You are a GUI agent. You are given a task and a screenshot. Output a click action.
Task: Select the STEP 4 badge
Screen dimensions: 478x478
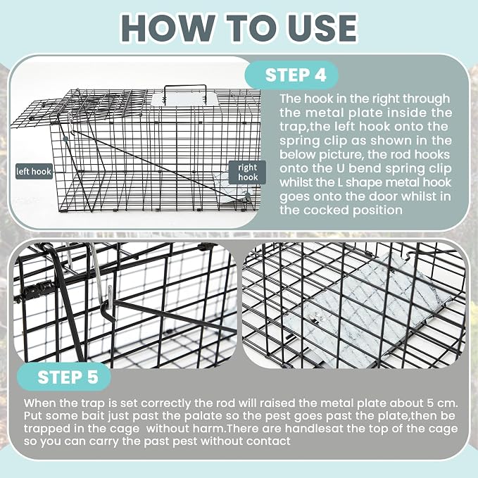[291, 75]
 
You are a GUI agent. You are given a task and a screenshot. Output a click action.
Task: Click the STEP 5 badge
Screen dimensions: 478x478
[64, 377]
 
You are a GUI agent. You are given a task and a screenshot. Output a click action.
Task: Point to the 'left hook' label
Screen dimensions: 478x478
[34, 171]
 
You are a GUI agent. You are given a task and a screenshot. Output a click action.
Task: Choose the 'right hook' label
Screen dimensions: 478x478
[247, 172]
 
